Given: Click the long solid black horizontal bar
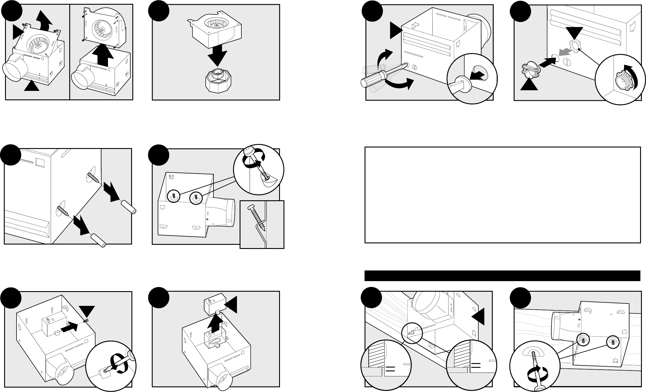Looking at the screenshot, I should [502, 276].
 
